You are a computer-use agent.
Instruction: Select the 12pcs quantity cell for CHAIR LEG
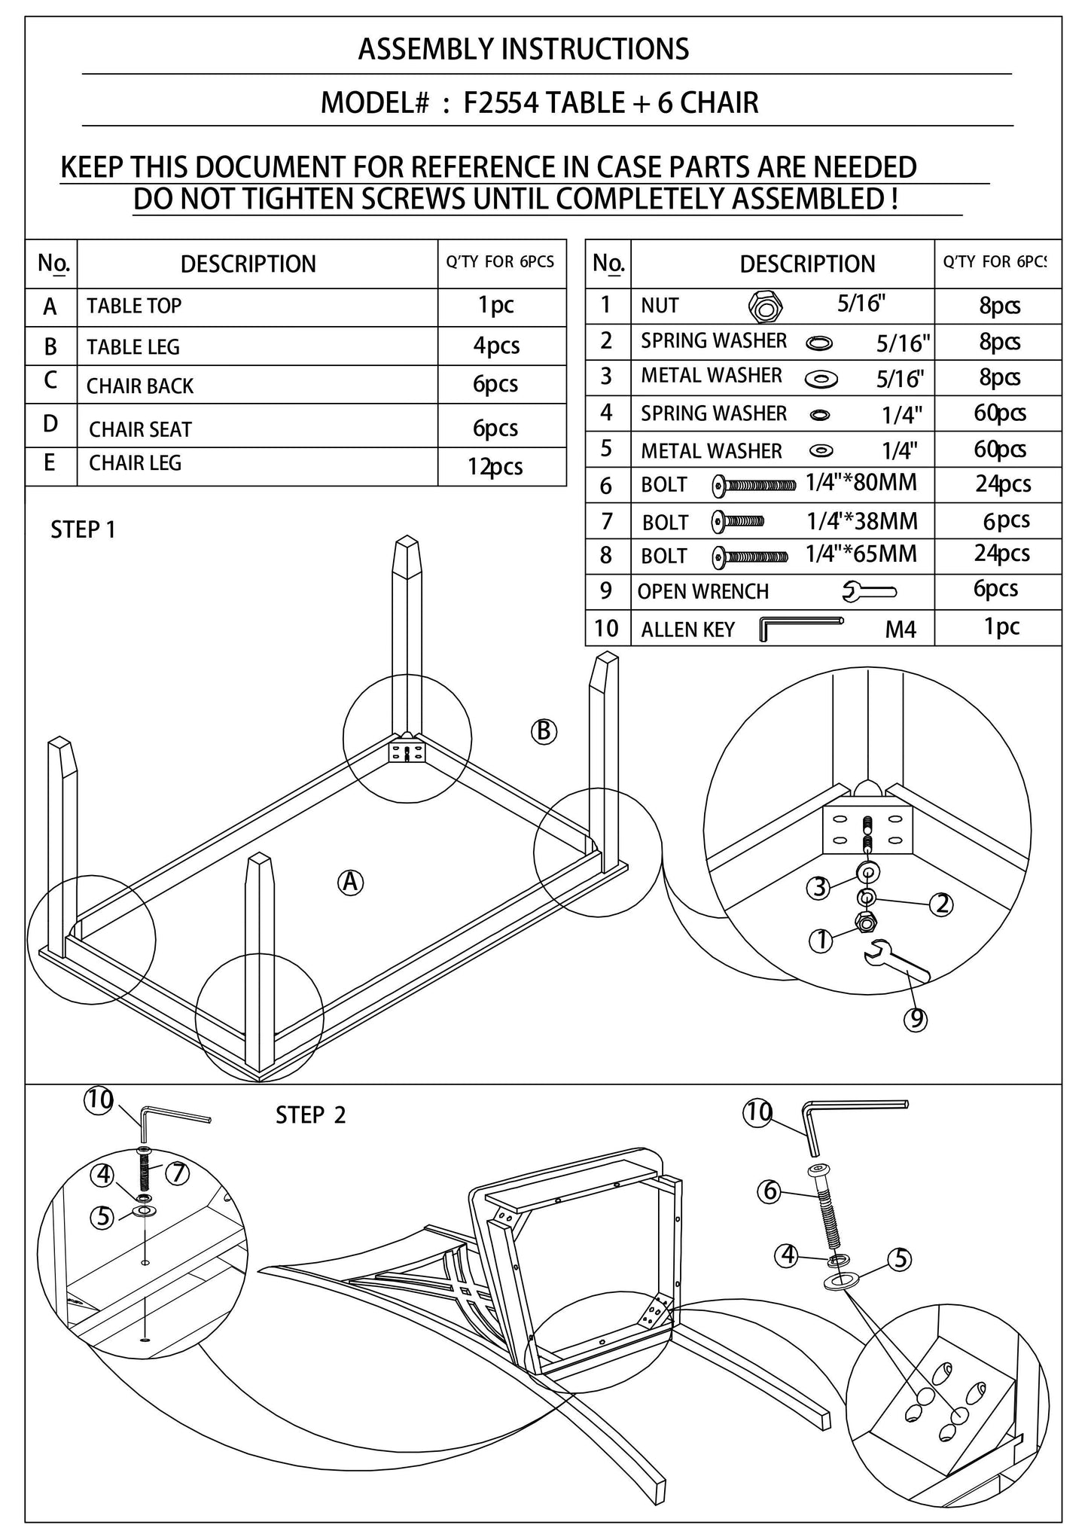coord(495,467)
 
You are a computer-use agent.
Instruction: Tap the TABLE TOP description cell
coord(134,306)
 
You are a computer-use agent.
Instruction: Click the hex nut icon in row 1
coord(765,306)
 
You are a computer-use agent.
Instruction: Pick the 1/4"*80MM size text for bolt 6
coord(861,482)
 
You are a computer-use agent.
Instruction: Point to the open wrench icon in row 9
coord(870,591)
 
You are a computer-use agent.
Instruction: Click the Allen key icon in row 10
coord(800,627)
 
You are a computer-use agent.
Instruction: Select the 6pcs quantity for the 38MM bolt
coord(1006,520)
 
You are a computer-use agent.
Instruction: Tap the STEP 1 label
coord(83,530)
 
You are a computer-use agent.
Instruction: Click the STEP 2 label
coord(310,1115)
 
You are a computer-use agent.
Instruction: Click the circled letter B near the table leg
coord(544,731)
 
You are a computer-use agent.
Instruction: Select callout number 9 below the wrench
coord(916,1019)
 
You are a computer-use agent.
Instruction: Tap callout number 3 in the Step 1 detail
coord(819,888)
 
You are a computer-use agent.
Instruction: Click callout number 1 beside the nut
coord(821,941)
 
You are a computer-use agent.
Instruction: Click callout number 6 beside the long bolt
coord(769,1191)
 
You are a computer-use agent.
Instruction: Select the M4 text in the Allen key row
coord(901,630)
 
